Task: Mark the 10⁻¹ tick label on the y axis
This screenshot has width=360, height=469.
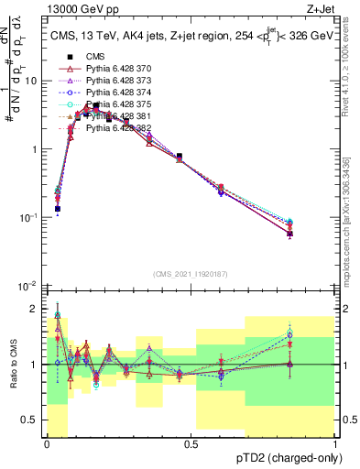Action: click(30, 218)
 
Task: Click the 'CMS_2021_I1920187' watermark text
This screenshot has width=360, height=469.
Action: click(191, 274)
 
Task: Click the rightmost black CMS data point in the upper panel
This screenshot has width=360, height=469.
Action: click(289, 234)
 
